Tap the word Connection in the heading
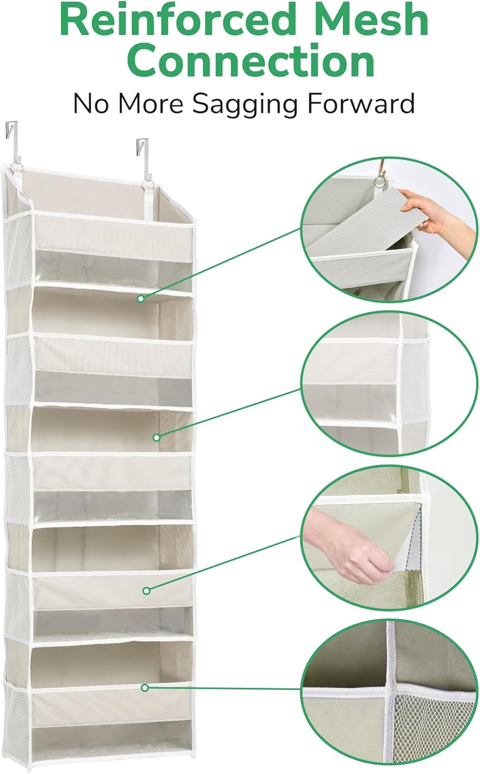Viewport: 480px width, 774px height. (x=251, y=60)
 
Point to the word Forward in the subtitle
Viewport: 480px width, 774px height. (x=361, y=103)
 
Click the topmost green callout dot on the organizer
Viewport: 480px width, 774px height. (x=141, y=298)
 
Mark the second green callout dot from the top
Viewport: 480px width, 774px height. (x=157, y=438)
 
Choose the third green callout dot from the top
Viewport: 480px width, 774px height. (x=146, y=590)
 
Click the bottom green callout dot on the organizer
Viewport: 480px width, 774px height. (x=145, y=687)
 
